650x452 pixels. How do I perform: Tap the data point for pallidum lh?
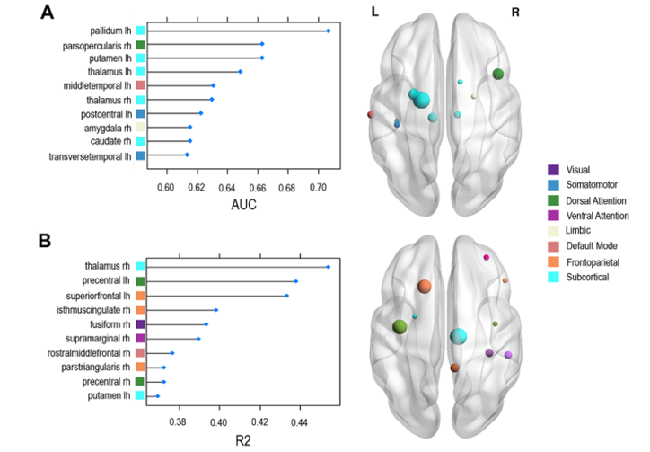329,31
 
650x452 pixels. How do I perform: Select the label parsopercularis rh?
95,44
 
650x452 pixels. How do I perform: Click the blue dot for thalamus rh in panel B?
329,267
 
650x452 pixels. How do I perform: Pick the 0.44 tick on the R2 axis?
299,420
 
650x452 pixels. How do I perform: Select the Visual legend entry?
584,169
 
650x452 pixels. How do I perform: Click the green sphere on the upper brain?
498,74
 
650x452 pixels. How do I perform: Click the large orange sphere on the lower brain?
425,287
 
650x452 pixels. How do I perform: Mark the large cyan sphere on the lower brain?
458,337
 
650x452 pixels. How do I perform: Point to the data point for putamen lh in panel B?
158,395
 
